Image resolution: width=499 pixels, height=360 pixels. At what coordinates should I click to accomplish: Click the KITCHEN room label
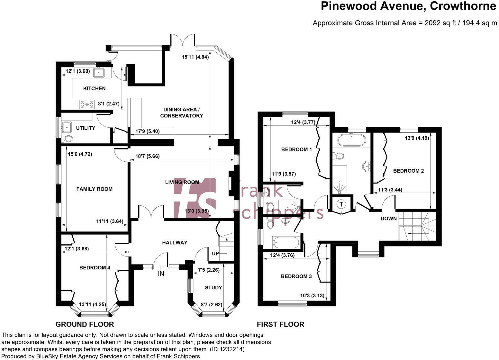[94, 88]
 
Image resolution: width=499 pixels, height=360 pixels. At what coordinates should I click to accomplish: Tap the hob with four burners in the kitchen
[87, 104]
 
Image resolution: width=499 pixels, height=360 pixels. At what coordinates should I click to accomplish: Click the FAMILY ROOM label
[94, 189]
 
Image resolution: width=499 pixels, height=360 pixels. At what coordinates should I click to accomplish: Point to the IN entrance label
[161, 274]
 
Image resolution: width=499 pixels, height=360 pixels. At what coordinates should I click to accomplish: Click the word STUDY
[213, 287]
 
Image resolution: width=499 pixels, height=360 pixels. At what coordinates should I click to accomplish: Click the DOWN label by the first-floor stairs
[389, 219]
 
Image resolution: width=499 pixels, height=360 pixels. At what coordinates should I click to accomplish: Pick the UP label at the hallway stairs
[215, 253]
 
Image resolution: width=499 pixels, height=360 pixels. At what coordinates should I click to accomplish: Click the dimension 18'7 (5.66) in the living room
[148, 157]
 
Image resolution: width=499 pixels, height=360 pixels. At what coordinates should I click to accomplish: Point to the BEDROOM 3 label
[296, 276]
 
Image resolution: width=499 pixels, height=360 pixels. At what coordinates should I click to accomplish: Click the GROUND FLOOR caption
[85, 324]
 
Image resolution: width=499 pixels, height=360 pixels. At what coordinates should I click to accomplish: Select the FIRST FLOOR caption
[280, 324]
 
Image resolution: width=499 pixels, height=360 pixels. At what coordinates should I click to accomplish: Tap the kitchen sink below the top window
[99, 73]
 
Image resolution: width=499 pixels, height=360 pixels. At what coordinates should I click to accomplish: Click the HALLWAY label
[175, 243]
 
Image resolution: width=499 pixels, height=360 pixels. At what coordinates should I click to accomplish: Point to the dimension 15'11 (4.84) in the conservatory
[195, 57]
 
